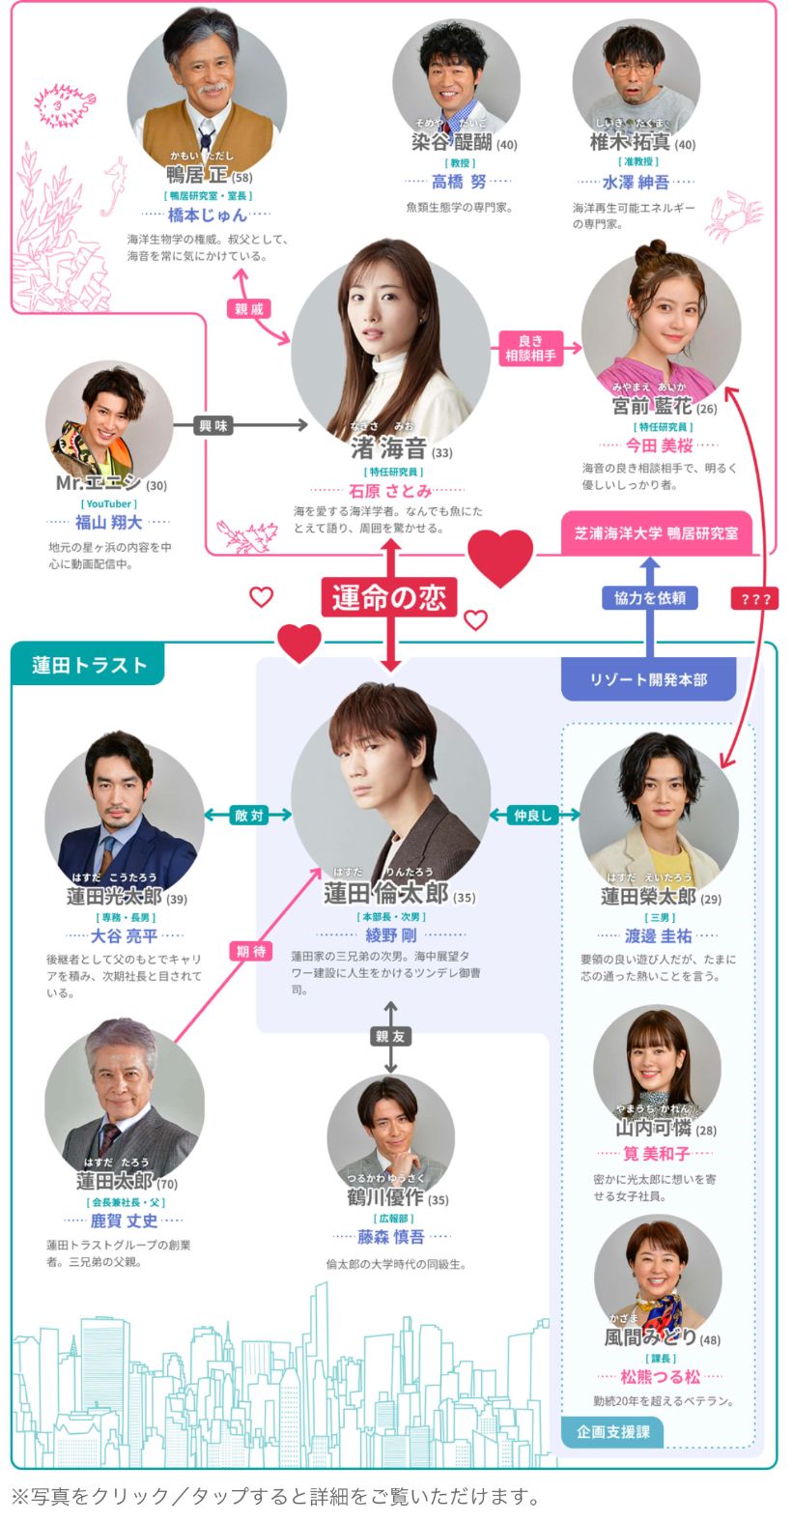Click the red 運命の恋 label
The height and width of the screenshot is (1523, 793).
pyautogui.click(x=389, y=598)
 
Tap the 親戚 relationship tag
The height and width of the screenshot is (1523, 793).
pyautogui.click(x=248, y=309)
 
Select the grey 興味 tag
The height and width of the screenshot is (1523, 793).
pyautogui.click(x=212, y=425)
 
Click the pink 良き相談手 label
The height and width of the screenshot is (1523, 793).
pyautogui.click(x=530, y=349)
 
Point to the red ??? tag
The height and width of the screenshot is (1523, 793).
pyautogui.click(x=755, y=599)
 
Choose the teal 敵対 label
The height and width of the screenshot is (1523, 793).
pyautogui.click(x=248, y=816)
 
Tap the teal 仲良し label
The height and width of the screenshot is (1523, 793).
pyautogui.click(x=532, y=816)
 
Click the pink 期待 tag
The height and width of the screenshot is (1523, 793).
pyautogui.click(x=250, y=951)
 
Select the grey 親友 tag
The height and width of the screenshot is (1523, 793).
pyautogui.click(x=390, y=1036)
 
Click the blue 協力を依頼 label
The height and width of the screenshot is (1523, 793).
pyautogui.click(x=650, y=598)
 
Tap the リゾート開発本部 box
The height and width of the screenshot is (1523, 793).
pyautogui.click(x=648, y=679)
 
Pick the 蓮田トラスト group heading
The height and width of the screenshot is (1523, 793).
pyautogui.click(x=89, y=665)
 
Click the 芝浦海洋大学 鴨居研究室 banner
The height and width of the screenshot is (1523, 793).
pyautogui.click(x=657, y=532)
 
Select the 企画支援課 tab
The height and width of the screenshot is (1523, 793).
pyautogui.click(x=613, y=1431)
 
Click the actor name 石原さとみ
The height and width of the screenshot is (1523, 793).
pyautogui.click(x=390, y=491)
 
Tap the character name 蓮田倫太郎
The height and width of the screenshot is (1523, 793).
pyautogui.click(x=385, y=893)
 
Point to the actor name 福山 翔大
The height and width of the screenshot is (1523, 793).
pyautogui.click(x=109, y=523)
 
